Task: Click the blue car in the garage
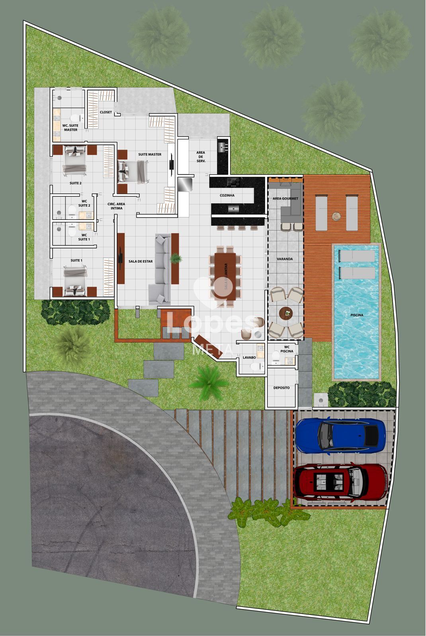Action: [341, 436]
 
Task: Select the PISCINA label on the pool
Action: [356, 315]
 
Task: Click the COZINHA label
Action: [227, 196]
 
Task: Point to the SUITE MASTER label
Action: [150, 154]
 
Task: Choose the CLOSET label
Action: [106, 112]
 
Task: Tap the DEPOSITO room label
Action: [281, 388]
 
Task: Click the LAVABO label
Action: [249, 358]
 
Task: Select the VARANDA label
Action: [285, 259]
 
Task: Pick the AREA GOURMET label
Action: [285, 198]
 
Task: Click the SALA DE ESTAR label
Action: [141, 262]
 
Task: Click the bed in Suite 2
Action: [75, 159]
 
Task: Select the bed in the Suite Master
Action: [133, 172]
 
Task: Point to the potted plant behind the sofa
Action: [175, 259]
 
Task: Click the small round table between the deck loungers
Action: [337, 216]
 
